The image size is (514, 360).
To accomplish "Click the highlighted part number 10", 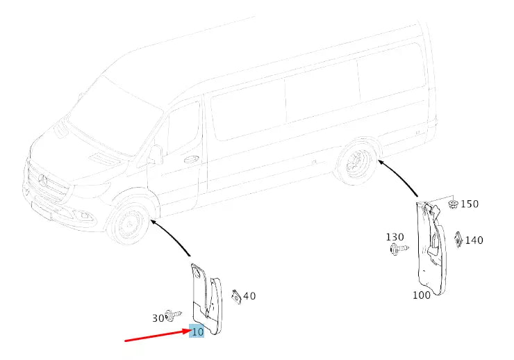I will [197, 332].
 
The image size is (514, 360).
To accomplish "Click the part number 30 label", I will [159, 318].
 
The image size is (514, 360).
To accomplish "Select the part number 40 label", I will [249, 296].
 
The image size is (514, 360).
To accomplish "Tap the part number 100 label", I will [421, 294].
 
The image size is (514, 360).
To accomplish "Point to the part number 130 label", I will [395, 237].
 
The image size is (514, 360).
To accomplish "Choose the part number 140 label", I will [474, 240].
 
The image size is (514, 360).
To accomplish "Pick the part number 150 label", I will [470, 204].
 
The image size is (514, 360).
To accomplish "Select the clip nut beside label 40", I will [235, 296].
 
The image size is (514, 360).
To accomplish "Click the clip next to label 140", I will [458, 238].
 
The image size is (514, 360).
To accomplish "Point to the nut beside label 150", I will [453, 204].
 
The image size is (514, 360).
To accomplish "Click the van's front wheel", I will [128, 225].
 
